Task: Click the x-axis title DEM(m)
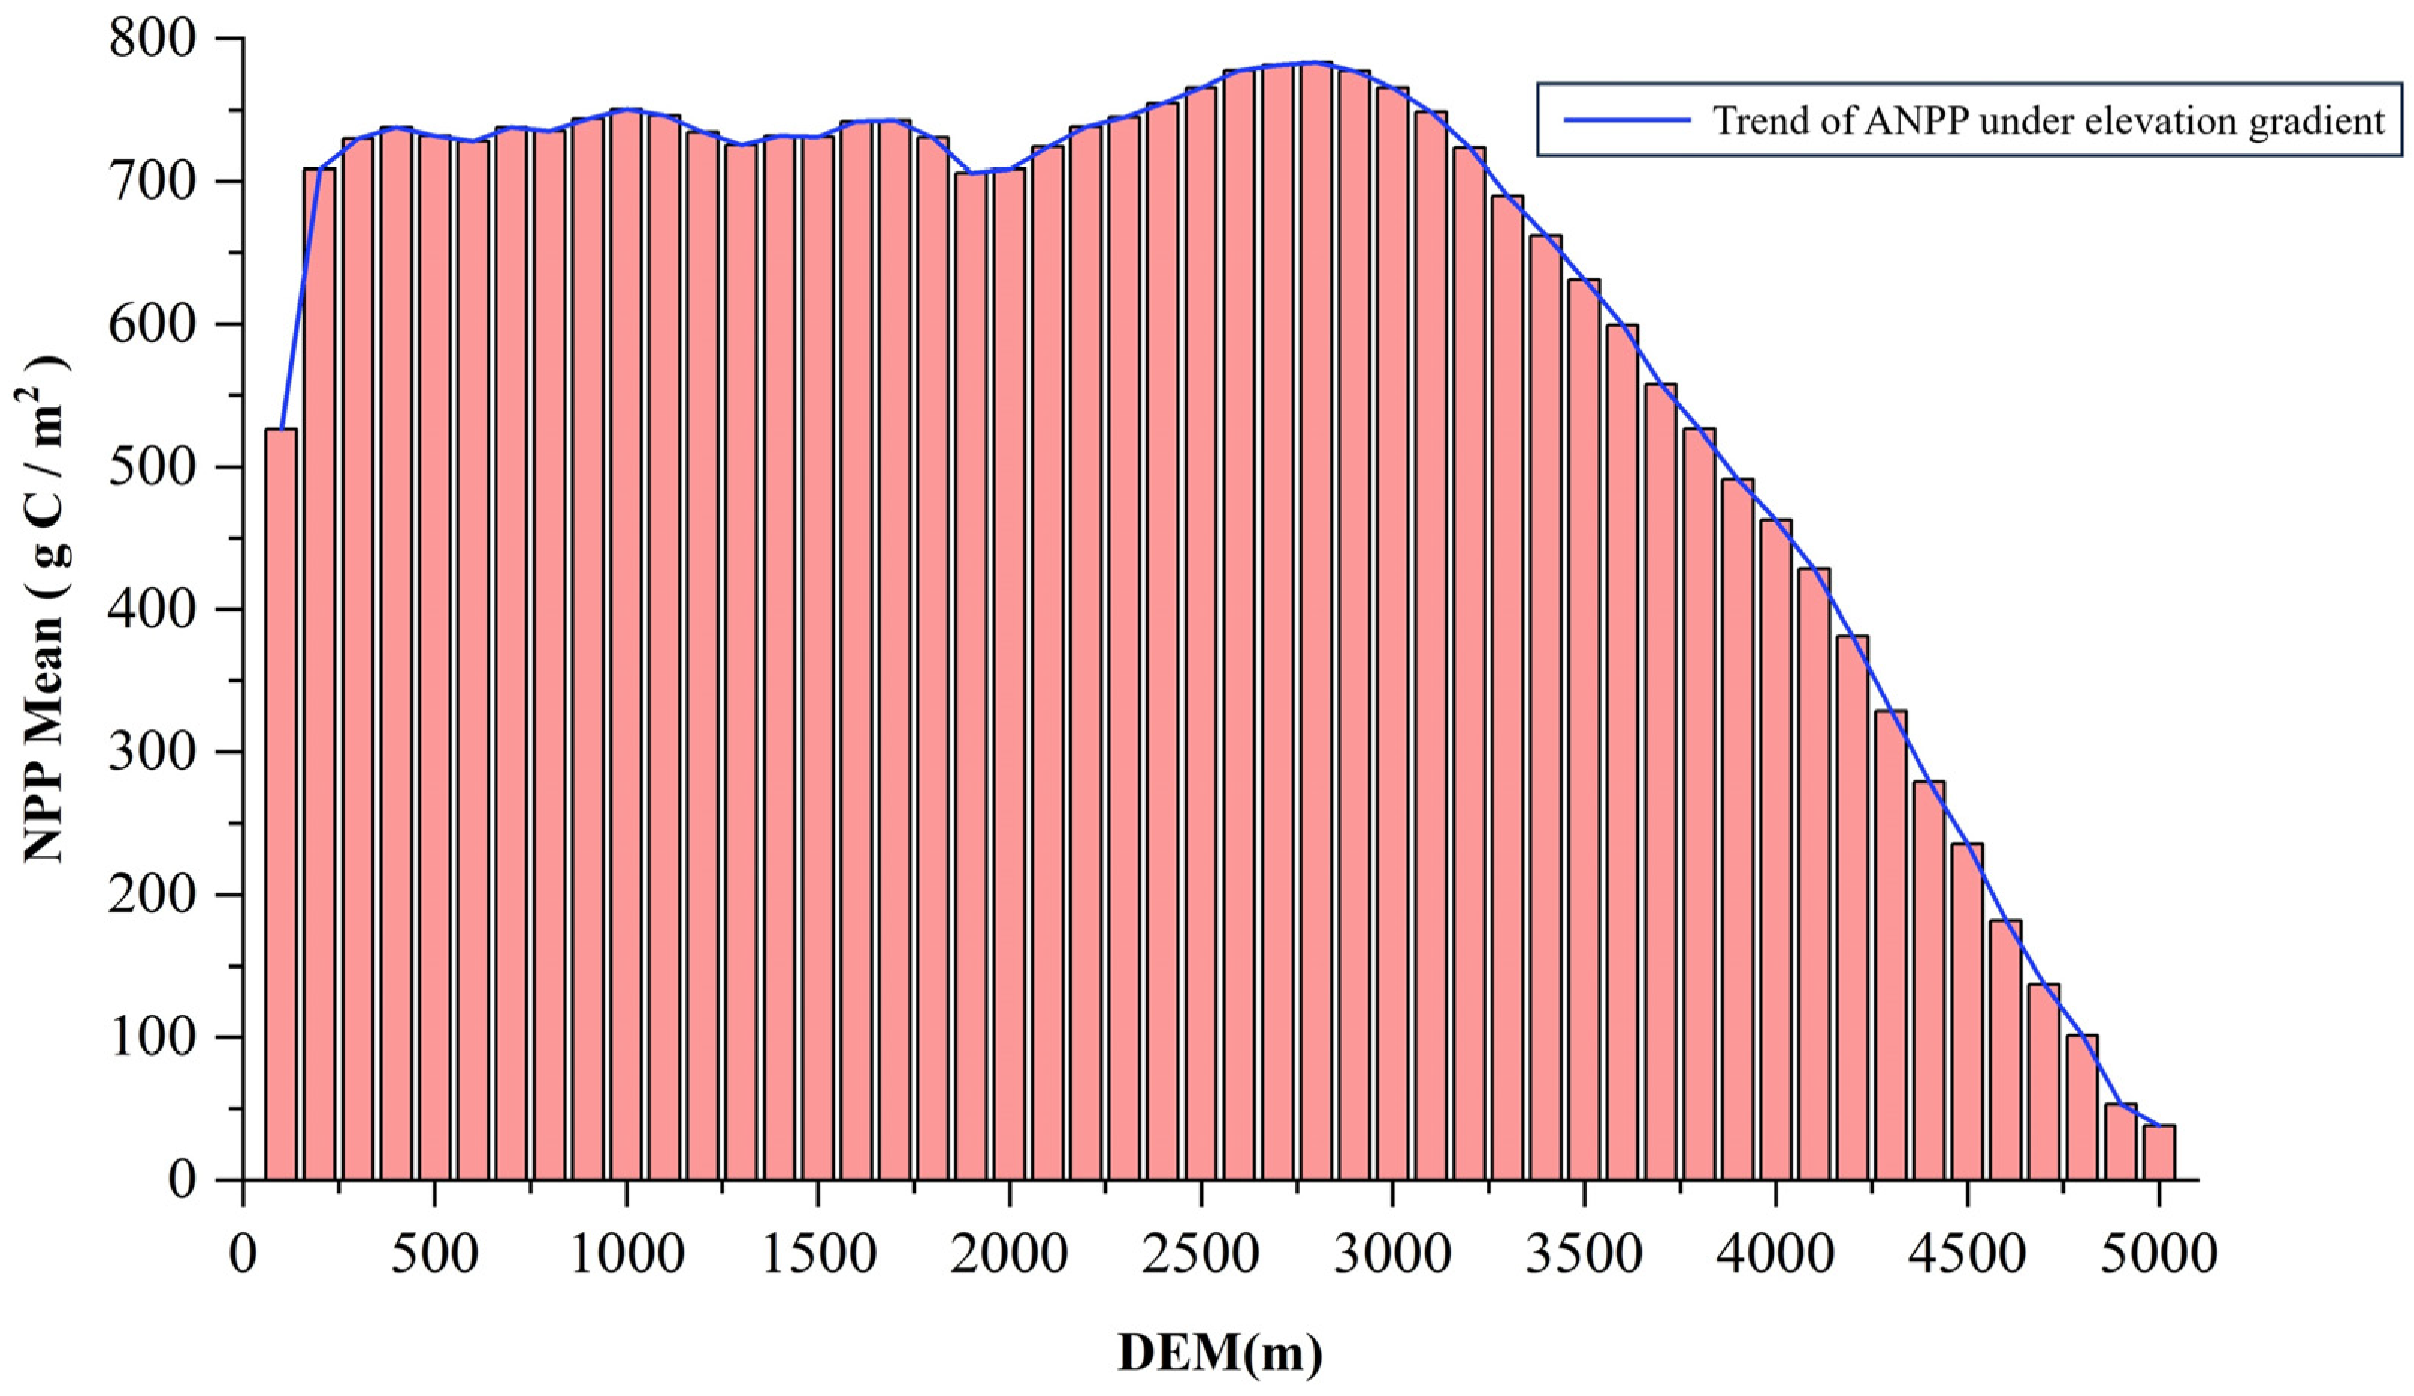(x=1220, y=1353)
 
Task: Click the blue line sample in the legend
(x=1626, y=120)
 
